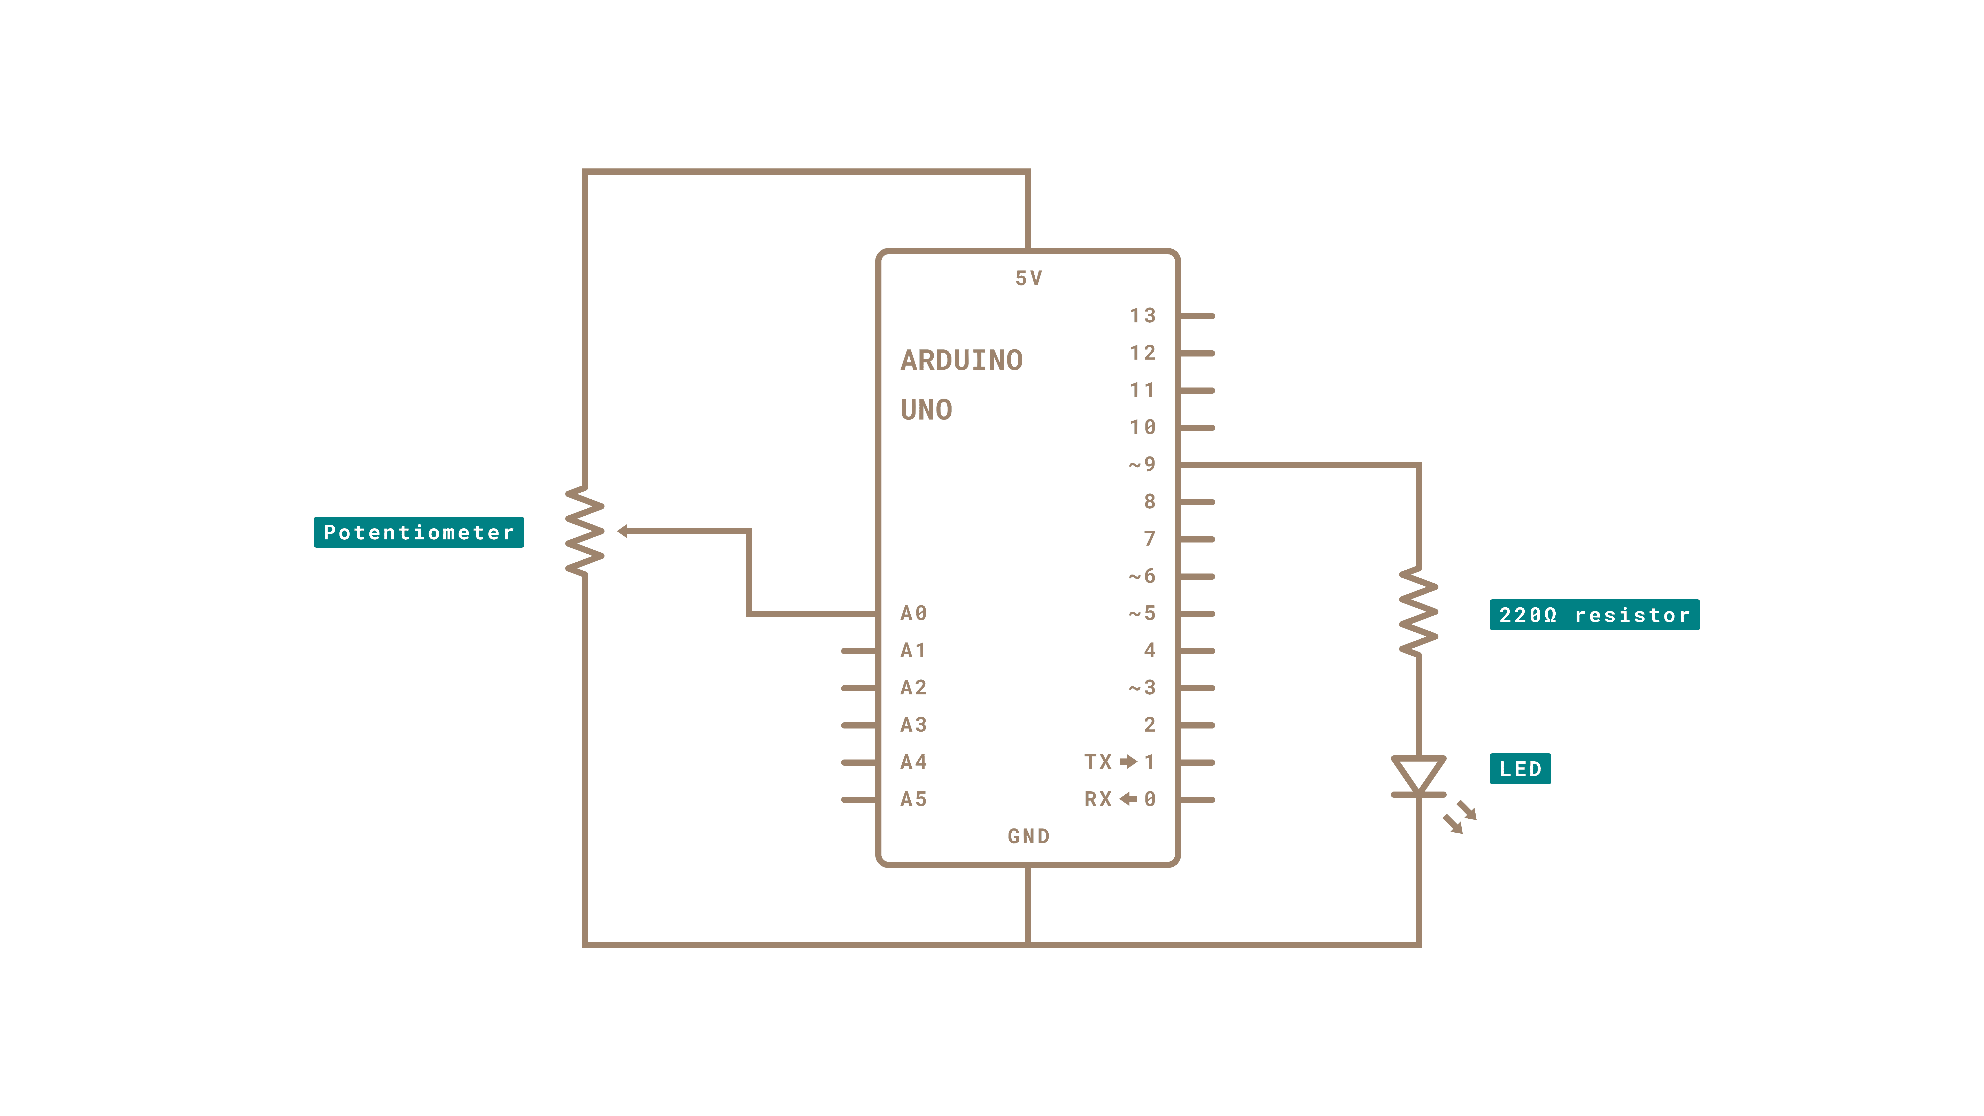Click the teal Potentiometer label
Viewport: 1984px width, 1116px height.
(418, 532)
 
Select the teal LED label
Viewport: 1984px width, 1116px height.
(1520, 769)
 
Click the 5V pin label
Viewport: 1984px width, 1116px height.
(1028, 278)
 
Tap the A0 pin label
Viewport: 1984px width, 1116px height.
(913, 613)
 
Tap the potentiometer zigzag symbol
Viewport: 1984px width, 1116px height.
(585, 531)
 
